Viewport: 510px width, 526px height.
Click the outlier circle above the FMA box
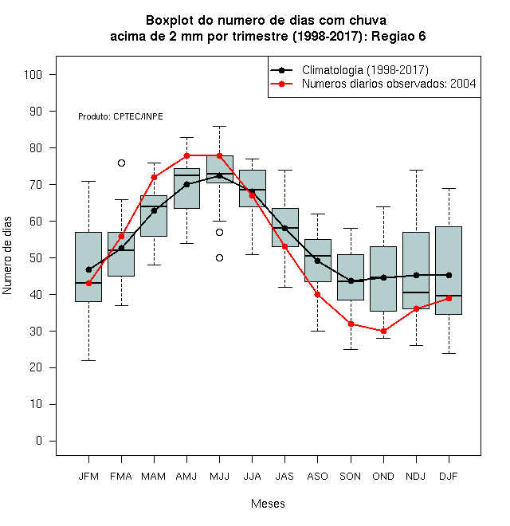(121, 163)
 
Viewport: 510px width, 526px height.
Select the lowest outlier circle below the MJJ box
(219, 258)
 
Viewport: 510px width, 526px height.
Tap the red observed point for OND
(383, 331)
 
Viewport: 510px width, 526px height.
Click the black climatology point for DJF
(449, 276)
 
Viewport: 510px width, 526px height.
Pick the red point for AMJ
(187, 155)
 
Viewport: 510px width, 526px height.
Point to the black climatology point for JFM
(89, 269)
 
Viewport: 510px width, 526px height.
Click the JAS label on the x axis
(284, 477)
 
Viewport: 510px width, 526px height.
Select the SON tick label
(351, 477)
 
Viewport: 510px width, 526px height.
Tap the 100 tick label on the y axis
(33, 74)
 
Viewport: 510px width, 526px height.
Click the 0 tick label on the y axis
(39, 441)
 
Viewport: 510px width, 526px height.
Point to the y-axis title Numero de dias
(7, 256)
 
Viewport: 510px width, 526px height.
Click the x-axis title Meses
(268, 504)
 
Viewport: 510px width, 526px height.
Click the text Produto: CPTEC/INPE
(121, 116)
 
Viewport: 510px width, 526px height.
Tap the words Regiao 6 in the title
(398, 36)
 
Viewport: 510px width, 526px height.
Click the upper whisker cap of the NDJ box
(417, 171)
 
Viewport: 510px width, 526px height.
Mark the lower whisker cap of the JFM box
(89, 360)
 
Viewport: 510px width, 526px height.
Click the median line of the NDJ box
(416, 292)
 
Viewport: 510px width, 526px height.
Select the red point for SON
(351, 324)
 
